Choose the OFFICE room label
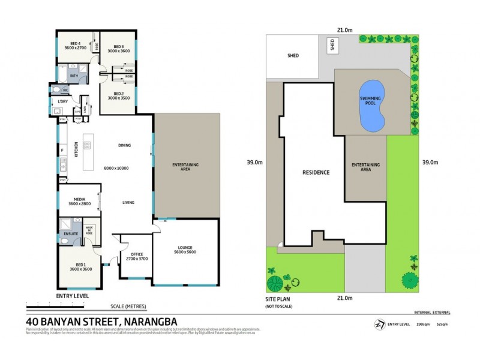tap(134, 256)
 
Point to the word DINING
tap(124, 145)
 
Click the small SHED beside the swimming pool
tap(331, 45)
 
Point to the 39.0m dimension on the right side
tap(430, 162)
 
